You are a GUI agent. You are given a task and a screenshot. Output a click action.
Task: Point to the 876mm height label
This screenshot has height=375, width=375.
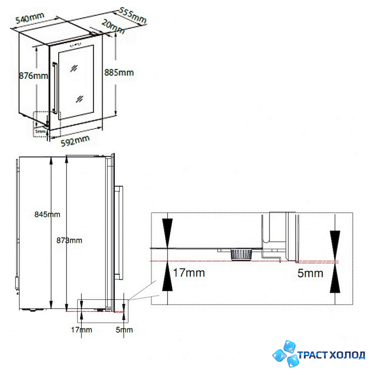(x=34, y=76)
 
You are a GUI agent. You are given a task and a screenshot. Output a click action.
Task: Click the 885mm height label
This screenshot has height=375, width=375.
(x=119, y=72)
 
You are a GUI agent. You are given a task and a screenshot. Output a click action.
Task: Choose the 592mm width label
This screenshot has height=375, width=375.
(x=75, y=141)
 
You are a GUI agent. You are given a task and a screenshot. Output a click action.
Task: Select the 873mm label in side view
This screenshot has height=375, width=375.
(x=69, y=240)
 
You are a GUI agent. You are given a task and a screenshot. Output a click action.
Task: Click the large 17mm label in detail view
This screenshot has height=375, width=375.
(x=189, y=273)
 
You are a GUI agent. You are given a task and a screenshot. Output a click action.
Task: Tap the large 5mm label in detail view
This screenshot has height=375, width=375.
(x=311, y=273)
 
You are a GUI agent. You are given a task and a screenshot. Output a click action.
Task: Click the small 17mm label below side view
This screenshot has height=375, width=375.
(x=81, y=330)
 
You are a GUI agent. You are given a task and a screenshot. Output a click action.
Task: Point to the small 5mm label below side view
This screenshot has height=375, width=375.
(x=124, y=330)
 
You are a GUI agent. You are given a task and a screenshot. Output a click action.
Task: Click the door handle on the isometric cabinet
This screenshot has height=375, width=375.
(x=54, y=87)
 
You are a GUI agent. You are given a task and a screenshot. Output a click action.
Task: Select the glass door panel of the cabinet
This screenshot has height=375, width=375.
(x=76, y=81)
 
